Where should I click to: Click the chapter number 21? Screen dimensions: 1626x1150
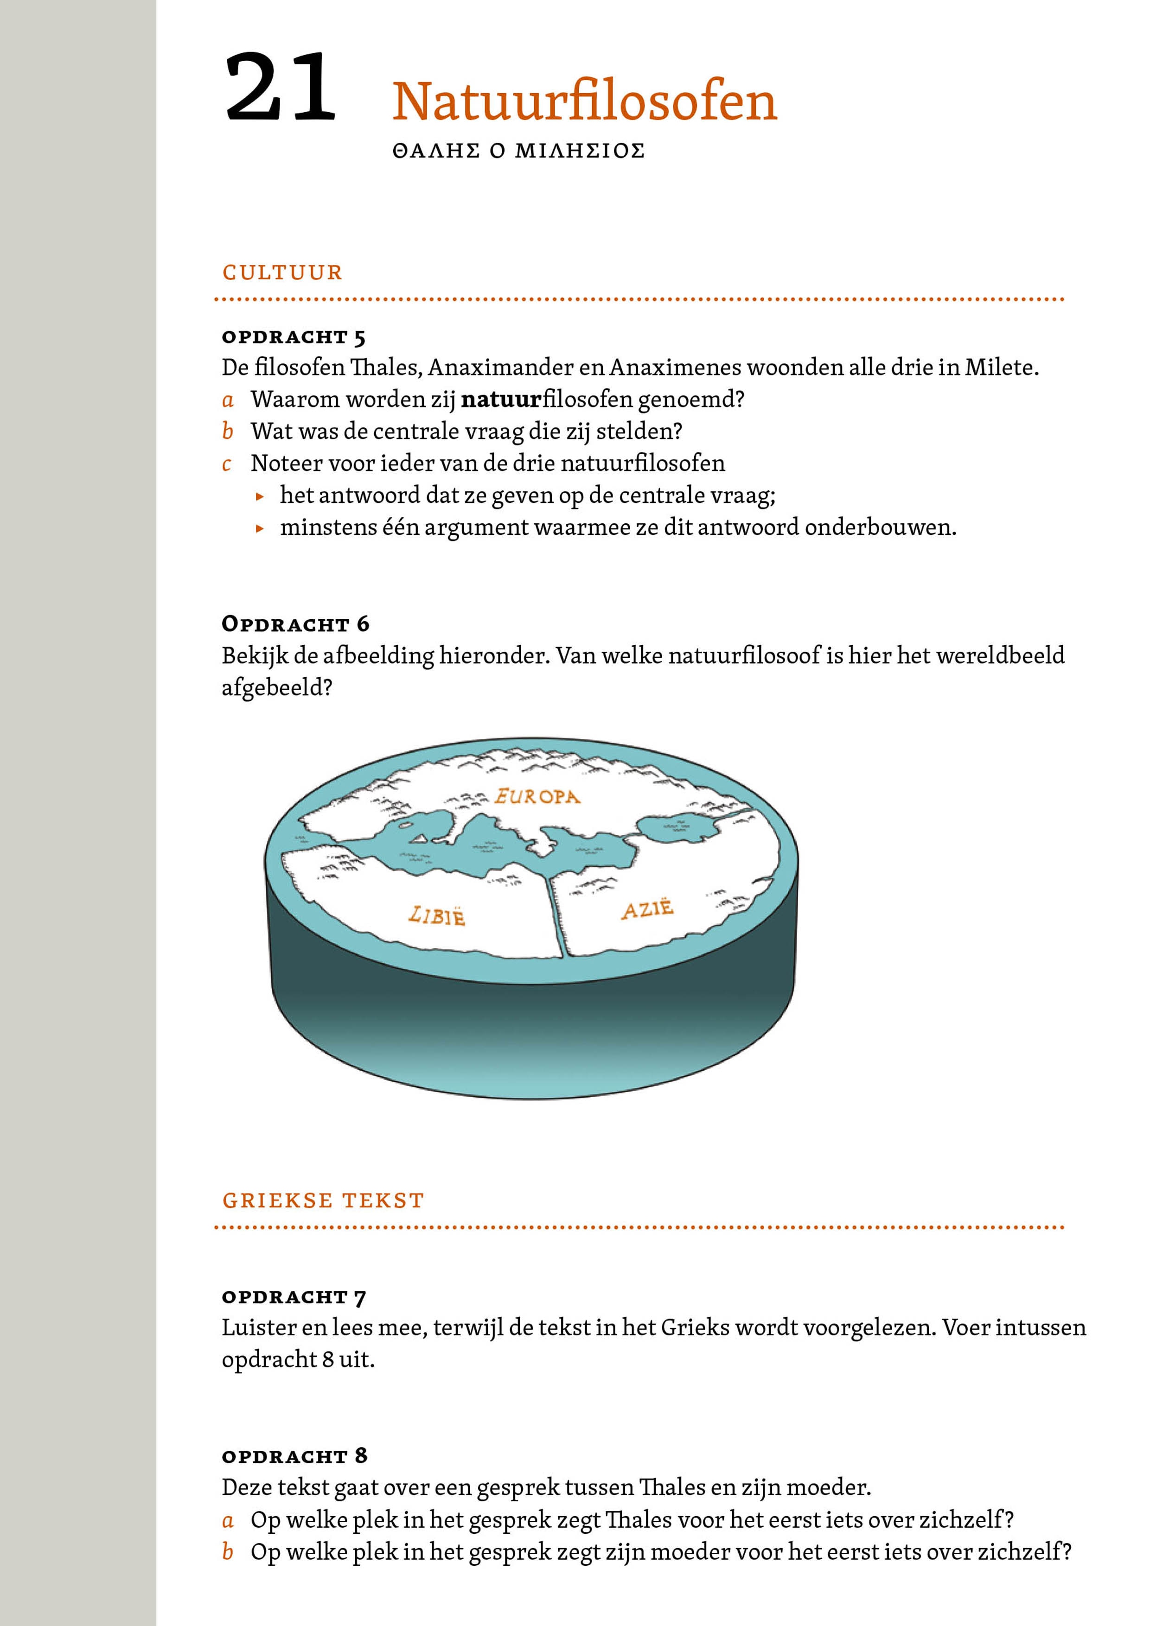click(280, 89)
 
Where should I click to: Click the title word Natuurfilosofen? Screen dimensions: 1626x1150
click(585, 101)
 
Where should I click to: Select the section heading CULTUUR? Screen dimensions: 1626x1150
click(282, 273)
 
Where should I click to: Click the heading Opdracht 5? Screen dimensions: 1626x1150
click(294, 337)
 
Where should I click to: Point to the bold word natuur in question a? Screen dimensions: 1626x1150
click(500, 400)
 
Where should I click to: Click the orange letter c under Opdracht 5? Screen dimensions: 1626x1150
click(227, 464)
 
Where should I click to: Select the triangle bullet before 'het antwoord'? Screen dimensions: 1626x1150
click(261, 496)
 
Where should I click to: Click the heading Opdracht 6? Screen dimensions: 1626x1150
click(295, 624)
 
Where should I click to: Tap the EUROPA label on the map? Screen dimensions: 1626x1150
click(537, 797)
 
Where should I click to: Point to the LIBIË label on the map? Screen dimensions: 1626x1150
click(436, 916)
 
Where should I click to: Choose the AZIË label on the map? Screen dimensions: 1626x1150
click(647, 908)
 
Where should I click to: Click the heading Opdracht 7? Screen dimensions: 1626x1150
click(294, 1297)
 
